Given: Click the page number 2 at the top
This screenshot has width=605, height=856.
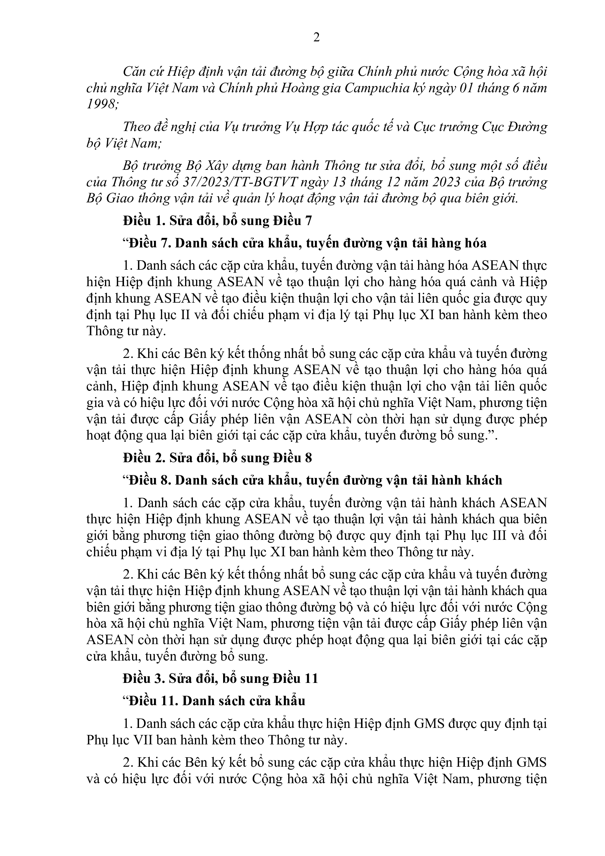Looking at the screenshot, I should point(316,38).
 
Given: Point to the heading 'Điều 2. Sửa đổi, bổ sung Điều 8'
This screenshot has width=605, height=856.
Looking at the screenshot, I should point(218,458).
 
